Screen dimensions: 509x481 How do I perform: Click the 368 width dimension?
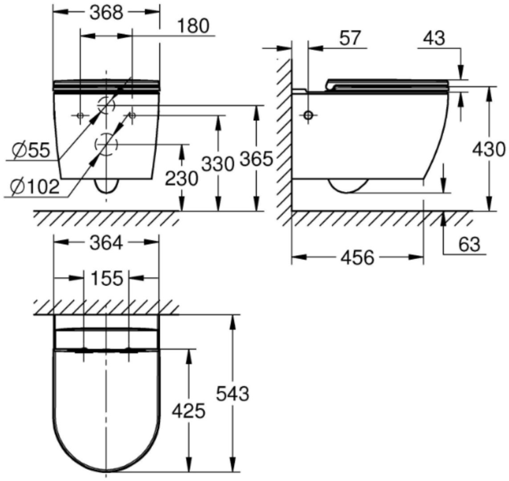(106, 13)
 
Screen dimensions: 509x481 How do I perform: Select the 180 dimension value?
(193, 26)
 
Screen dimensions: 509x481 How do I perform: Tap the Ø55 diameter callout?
(31, 151)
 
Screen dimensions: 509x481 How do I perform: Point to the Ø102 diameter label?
(34, 187)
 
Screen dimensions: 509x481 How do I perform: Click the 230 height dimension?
(181, 178)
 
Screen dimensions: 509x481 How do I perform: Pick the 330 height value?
(218, 164)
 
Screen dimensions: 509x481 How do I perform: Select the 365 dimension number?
(256, 159)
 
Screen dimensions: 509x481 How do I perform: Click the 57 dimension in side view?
(350, 38)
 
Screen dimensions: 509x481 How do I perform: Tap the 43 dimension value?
(434, 38)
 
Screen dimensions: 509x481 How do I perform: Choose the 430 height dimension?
(489, 150)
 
